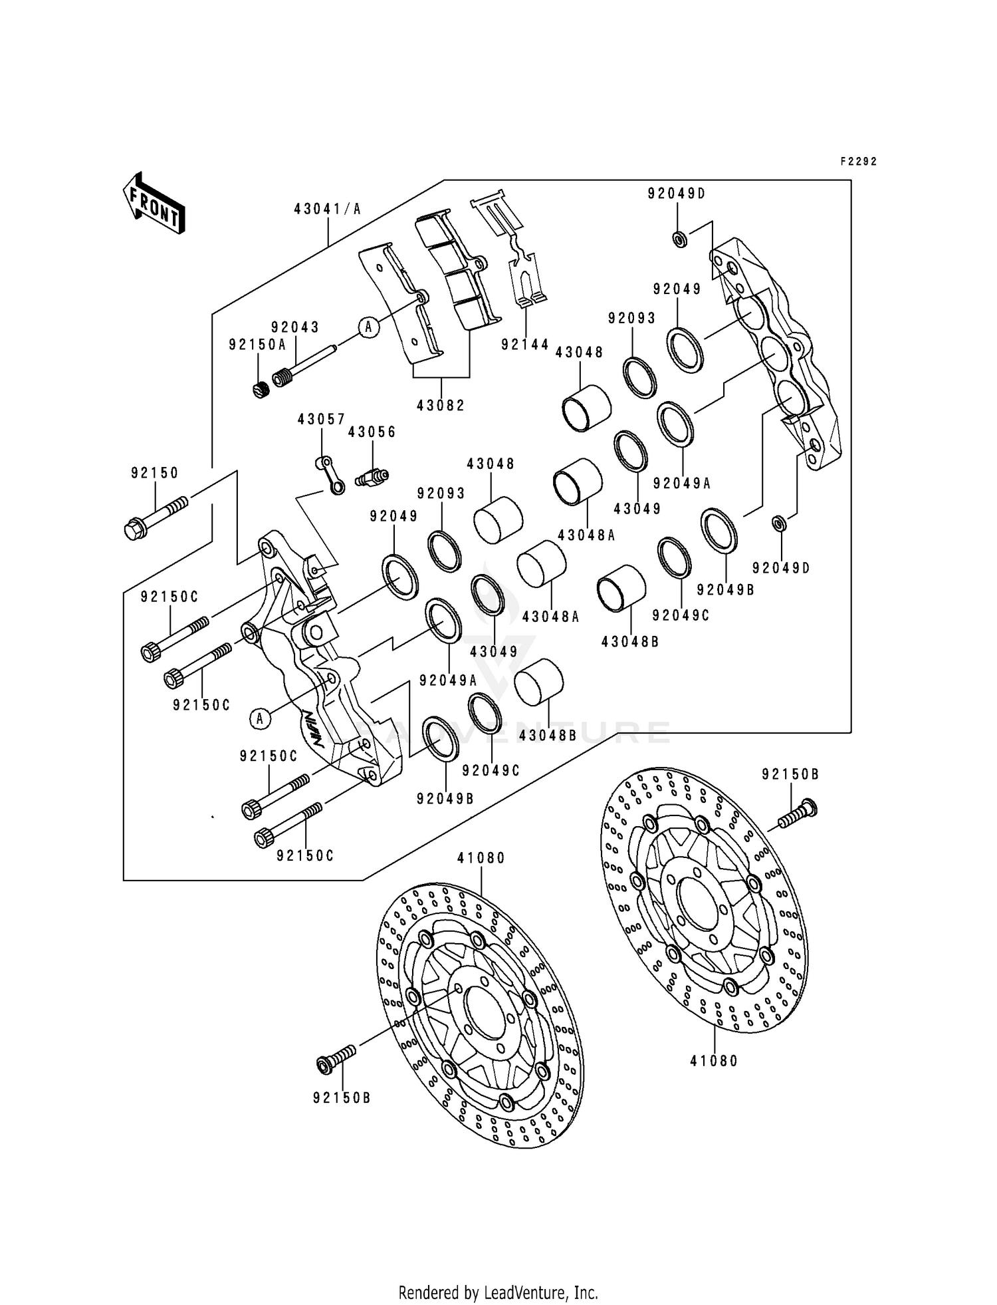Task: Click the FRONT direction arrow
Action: coord(154,203)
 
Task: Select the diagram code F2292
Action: coord(859,162)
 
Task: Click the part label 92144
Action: coord(526,345)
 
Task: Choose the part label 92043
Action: coord(295,327)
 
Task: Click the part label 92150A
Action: coord(257,345)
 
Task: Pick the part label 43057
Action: coord(322,420)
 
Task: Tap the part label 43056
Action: coord(372,432)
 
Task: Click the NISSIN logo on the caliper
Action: coord(315,728)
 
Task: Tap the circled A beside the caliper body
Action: coord(261,719)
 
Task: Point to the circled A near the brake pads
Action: coord(370,327)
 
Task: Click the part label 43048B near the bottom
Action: coord(548,736)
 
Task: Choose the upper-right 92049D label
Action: coord(677,194)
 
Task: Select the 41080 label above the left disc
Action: coord(481,859)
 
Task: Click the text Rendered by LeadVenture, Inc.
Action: coord(498,1292)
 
